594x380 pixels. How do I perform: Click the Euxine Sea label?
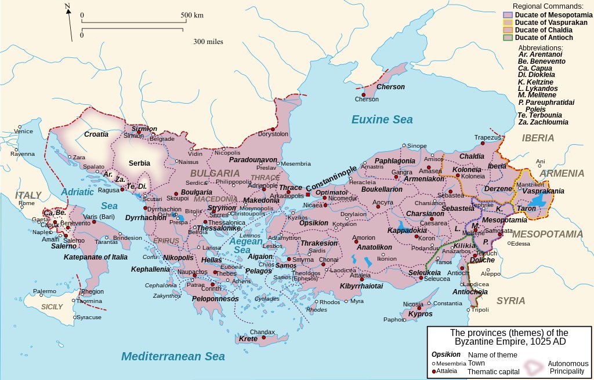[382, 120]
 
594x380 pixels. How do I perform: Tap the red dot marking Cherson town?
[364, 94]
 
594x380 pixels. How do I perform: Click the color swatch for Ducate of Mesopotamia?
[508, 15]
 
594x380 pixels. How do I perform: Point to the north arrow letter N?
[67, 7]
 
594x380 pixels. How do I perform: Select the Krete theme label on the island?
[248, 338]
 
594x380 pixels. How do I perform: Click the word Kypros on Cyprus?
[421, 314]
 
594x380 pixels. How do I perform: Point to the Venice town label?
[24, 131]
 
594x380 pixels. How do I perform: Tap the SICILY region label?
[52, 306]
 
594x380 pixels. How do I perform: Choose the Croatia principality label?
[96, 134]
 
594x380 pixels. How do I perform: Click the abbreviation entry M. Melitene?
[537, 94]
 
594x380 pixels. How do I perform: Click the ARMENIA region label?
[562, 173]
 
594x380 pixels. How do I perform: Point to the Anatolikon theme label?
[375, 247]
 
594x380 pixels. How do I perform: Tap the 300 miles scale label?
[208, 42]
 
